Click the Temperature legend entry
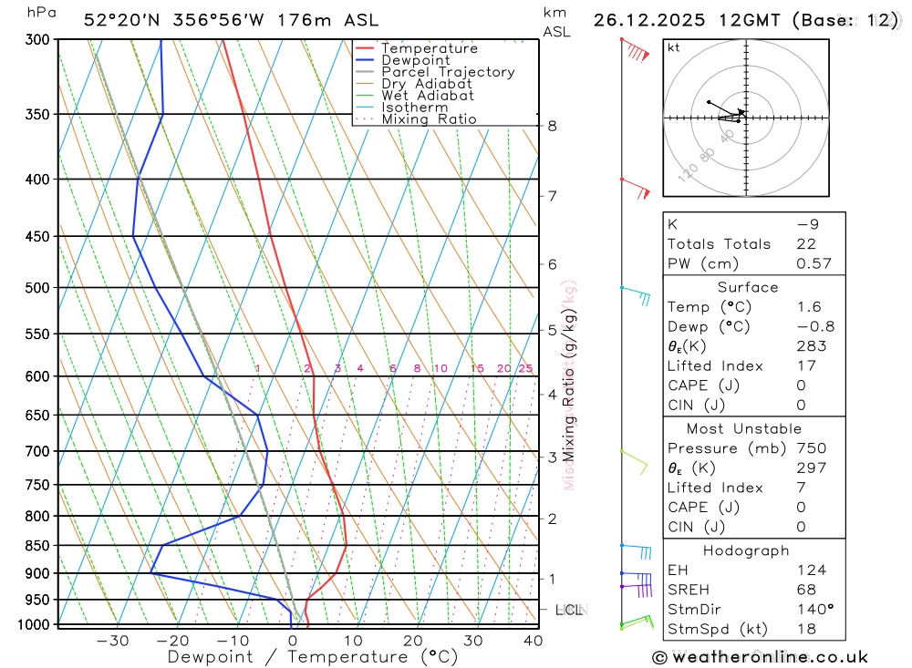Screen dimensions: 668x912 (429, 48)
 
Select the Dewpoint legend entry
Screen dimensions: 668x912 (415, 60)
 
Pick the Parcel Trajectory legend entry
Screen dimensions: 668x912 (447, 72)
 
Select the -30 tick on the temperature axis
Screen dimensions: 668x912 (112, 641)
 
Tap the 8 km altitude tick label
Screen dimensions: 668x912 (552, 126)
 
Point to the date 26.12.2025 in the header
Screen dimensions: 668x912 (653, 20)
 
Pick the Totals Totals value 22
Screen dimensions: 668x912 (806, 244)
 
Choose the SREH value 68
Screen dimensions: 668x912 (806, 590)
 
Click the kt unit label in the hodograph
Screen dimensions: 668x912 (674, 47)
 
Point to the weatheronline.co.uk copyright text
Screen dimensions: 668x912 (760, 657)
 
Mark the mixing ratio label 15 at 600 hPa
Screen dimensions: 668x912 (477, 368)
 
